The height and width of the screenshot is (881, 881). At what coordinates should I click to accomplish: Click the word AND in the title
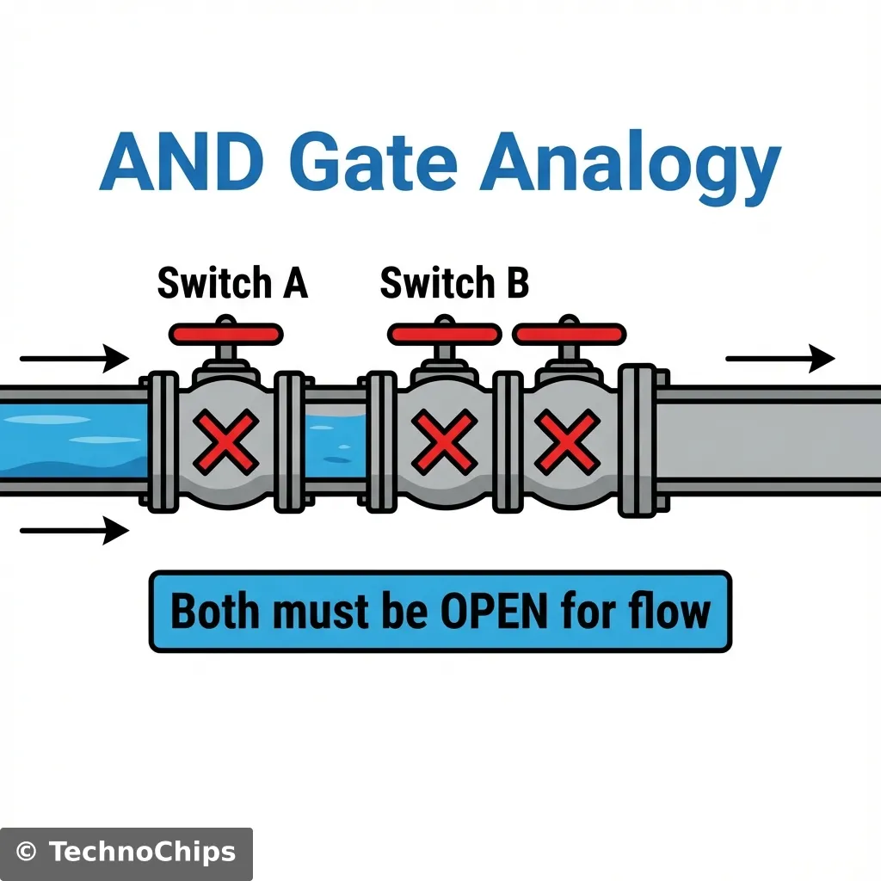coord(180,164)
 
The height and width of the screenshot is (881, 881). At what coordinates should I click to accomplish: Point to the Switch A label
coord(232,283)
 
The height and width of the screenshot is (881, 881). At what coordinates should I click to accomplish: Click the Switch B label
coord(454,283)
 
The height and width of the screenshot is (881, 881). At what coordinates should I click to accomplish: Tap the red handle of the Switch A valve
coord(226,334)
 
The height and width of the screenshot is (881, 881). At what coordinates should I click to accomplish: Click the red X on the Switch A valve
coord(226,441)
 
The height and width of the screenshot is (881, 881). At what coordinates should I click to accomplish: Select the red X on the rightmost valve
coord(568,441)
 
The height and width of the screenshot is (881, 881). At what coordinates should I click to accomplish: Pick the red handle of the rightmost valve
coord(570,334)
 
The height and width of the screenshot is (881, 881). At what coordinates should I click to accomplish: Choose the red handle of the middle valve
coord(444,334)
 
